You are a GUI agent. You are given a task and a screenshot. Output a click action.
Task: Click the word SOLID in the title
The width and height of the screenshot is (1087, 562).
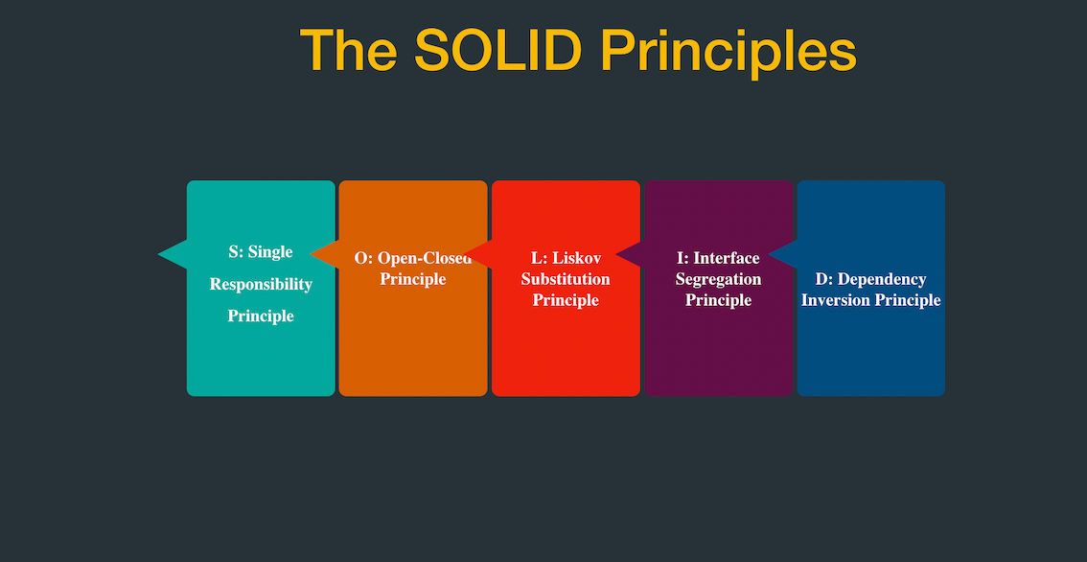497,50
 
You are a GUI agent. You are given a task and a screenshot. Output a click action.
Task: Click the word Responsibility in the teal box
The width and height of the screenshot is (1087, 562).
261,284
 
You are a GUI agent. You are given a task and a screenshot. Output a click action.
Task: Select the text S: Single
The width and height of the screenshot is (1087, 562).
261,252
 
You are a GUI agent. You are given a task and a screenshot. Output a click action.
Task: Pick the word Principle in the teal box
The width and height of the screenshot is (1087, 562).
261,316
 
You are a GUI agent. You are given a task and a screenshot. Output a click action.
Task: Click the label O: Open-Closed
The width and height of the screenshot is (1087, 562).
413,258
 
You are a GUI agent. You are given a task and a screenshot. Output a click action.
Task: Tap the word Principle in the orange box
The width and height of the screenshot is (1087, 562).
413,279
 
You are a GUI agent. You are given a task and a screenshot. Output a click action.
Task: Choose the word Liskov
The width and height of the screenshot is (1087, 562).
575,258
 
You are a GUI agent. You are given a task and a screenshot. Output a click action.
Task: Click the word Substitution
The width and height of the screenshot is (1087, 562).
566,279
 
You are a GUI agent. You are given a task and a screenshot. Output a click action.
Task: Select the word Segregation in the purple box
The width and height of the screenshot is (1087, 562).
718,279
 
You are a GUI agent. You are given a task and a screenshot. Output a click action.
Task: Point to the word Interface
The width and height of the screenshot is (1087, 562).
727,258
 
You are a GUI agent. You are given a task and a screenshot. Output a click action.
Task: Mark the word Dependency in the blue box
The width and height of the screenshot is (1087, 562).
882,279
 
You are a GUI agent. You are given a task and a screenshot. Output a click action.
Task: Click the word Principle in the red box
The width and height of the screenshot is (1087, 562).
566,300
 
